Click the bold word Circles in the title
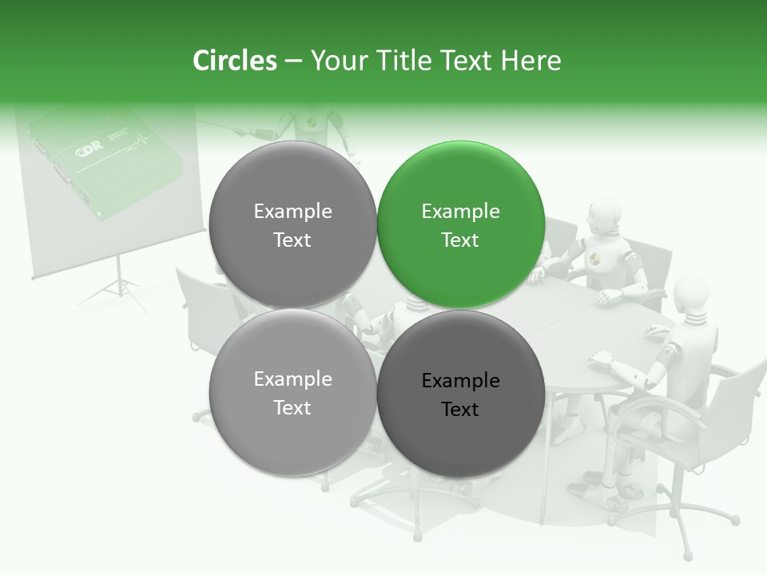(x=234, y=61)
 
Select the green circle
(x=460, y=224)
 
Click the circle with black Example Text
(x=460, y=394)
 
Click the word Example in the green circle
(x=460, y=211)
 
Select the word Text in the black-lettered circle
(x=460, y=409)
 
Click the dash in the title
(x=293, y=61)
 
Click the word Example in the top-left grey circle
(x=292, y=211)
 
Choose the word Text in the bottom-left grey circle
(x=292, y=407)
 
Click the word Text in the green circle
(x=460, y=240)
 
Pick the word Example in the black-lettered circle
(x=460, y=380)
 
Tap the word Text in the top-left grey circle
(x=292, y=240)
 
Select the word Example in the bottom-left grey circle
(x=292, y=379)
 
